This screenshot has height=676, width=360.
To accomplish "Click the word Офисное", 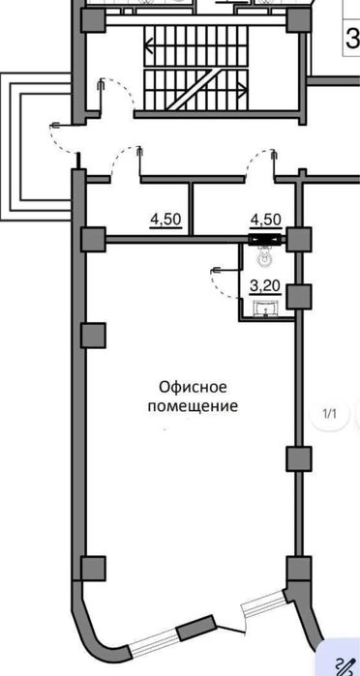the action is coord(192,386).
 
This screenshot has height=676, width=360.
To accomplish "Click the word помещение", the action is coord(192,406).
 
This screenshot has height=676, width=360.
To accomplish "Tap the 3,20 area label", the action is coord(264,286).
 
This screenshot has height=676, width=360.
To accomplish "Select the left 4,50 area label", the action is coord(165,219).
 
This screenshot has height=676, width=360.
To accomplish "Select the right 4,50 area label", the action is coord(265,219).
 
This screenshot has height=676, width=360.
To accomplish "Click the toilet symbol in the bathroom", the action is coord(263,259).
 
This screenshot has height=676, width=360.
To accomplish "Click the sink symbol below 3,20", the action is coord(263,309).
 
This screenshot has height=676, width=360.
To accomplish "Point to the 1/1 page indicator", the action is coord(329,415).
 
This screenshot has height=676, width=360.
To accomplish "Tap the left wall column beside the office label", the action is coord(93,335).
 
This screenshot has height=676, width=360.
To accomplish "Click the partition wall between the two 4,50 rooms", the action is coord(193,208).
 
